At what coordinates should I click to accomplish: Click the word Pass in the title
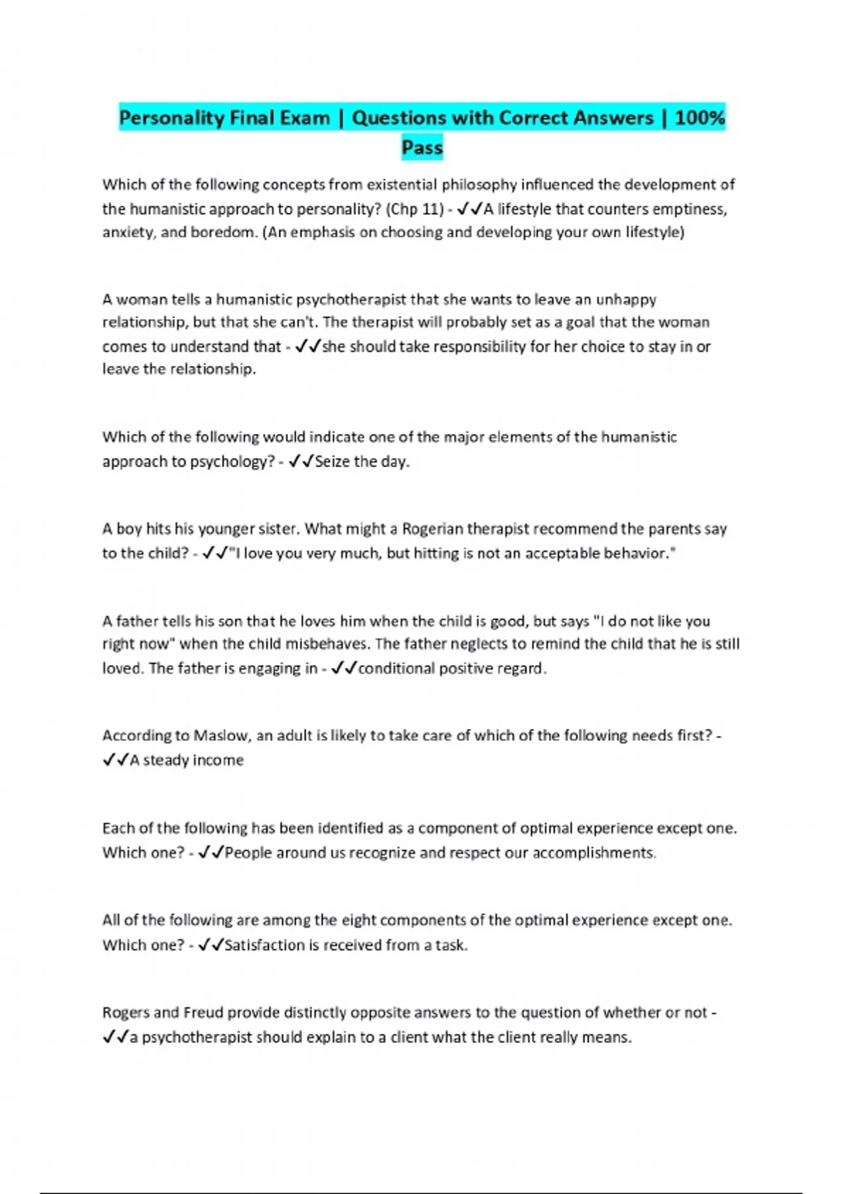422,147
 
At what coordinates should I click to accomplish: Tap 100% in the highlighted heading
700,117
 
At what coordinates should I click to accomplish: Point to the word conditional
396,668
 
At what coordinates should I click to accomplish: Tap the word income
217,760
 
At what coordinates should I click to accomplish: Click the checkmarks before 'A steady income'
115,760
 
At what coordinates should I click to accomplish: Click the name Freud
203,1012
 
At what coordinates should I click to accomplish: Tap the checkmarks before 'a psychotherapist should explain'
115,1037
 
